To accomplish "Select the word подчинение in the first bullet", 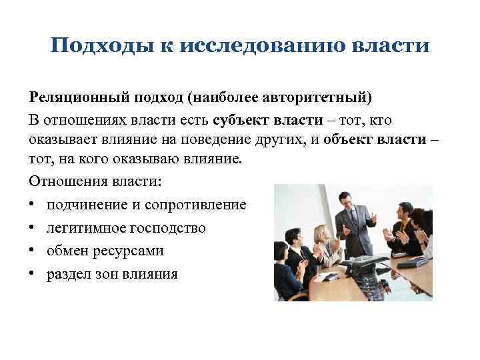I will tap(88, 205).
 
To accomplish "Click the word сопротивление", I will tap(200, 205).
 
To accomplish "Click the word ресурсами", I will tap(130, 251).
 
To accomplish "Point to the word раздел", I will tap(68, 274).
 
